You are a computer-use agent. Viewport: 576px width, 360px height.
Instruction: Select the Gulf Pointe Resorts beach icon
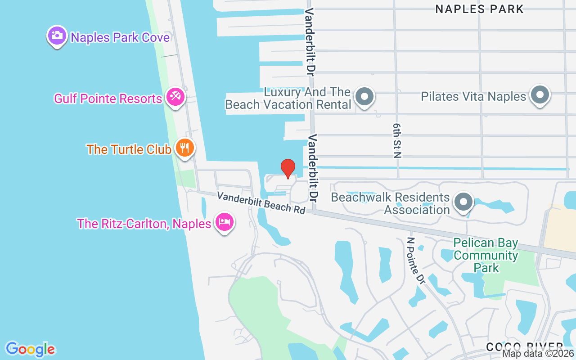pos(175,97)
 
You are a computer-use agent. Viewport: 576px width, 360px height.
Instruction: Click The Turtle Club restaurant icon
pos(184,148)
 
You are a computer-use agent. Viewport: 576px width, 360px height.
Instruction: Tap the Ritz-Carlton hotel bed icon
pos(224,222)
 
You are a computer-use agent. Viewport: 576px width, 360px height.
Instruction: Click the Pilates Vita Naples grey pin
pos(540,95)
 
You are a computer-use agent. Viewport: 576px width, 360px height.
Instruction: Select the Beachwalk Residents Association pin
pos(463,202)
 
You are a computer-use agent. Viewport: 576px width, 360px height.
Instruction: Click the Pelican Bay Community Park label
pos(486,256)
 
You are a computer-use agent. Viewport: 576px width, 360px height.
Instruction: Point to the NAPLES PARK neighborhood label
pos(479,9)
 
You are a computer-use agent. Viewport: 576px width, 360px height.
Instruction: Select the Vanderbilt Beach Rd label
pos(261,203)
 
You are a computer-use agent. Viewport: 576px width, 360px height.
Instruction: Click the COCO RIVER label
pos(524,347)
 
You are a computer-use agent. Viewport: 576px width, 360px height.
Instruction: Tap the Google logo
pos(30,349)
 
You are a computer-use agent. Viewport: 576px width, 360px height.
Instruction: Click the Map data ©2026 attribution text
pos(538,354)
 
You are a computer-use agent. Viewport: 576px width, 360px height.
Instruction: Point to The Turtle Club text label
pos(129,149)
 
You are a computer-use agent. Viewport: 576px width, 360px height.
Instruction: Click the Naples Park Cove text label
pos(120,37)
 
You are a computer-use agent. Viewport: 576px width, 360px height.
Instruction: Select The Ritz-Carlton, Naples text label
pos(144,224)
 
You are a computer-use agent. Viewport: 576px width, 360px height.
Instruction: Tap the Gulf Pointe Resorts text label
pos(108,99)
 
